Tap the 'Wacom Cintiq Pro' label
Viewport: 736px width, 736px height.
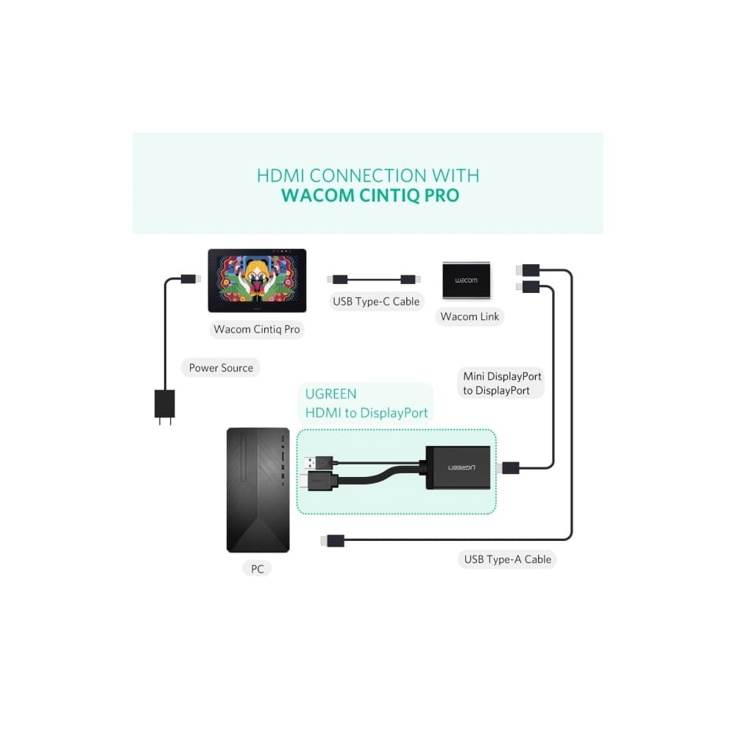[x=257, y=329]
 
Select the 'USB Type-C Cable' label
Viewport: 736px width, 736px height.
[x=376, y=301]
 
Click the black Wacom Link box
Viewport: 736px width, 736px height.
[x=466, y=280]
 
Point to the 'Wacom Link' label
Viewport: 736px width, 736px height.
[x=470, y=316]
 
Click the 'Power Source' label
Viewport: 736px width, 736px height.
[x=221, y=368]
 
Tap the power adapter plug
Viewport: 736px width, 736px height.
[x=163, y=406]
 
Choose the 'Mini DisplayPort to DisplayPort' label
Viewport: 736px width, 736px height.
[x=502, y=383]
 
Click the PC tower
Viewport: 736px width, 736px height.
[x=258, y=489]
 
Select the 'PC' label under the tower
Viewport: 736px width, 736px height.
[x=258, y=569]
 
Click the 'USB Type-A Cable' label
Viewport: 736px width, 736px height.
[x=508, y=559]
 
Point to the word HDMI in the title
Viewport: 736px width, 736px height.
[x=281, y=176]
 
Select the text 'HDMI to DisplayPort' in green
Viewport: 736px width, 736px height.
[x=367, y=413]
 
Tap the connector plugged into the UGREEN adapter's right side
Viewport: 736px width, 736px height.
[x=509, y=467]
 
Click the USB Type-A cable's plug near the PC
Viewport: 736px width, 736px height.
[x=332, y=542]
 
